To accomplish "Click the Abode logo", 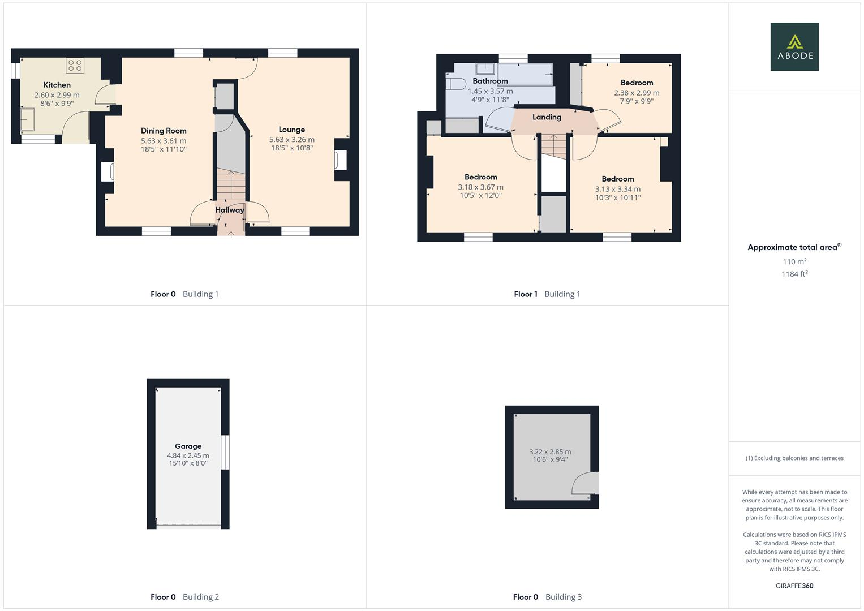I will [x=794, y=47].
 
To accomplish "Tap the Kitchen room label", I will [x=57, y=85].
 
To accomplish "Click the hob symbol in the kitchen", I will [x=75, y=66].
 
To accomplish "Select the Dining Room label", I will [x=164, y=131].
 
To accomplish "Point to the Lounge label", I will [x=292, y=130].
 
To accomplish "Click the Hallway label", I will [x=230, y=210].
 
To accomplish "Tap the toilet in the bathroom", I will [x=455, y=84].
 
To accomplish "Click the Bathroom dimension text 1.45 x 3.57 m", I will [x=490, y=91].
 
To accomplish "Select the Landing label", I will [x=547, y=117].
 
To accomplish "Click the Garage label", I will [x=188, y=446].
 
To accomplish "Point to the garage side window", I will [x=225, y=452].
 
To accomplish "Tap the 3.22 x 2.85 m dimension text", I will [x=550, y=451].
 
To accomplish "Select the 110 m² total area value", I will [x=794, y=261].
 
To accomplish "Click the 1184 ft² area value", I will [x=794, y=274].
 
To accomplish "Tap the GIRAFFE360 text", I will [x=794, y=586].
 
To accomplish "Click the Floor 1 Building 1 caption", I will [x=547, y=294].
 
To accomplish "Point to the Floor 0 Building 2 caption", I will [x=184, y=597].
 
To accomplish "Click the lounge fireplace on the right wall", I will [x=341, y=160].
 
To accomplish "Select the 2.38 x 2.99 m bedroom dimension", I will [x=637, y=93].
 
